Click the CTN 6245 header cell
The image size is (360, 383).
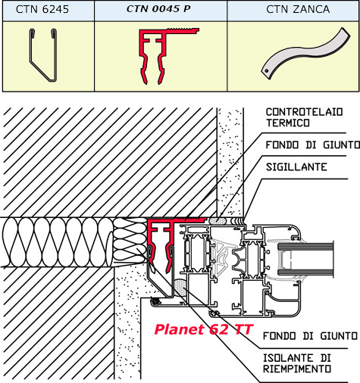(49, 11)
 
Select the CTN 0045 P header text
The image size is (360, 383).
(158, 9)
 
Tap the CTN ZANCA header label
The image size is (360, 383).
(298, 9)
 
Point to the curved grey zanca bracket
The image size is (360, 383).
(305, 53)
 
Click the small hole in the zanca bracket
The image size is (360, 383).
(267, 71)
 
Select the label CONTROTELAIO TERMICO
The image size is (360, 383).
(304, 117)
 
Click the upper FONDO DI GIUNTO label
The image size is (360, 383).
(312, 145)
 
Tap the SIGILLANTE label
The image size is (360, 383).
(296, 167)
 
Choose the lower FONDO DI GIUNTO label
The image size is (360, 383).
(310, 336)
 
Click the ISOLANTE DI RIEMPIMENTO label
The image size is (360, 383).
(297, 363)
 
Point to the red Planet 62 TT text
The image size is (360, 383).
(203, 329)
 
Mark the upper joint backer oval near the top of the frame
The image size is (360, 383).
(218, 221)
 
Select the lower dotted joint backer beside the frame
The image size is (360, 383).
(180, 288)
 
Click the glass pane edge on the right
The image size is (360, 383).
(305, 260)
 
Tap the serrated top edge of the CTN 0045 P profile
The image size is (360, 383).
(183, 29)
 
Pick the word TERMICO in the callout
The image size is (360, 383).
(288, 123)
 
